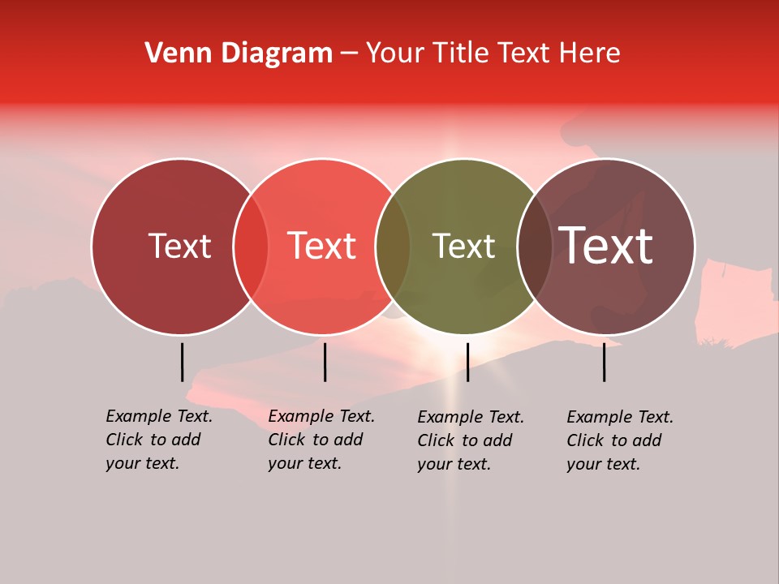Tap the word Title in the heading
pos(460,54)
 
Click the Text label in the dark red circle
pos(179,246)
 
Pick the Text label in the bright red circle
pos(322,246)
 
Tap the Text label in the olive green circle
pos(463,246)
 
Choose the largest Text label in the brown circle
pos(606,246)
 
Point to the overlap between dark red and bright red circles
pos(251,246)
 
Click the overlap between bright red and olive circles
pos(393,246)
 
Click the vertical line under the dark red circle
pos(182,362)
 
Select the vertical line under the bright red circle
pos(325,362)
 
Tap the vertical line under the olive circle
pos(467,362)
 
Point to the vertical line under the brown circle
pos(605,362)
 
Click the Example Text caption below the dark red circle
pos(159,440)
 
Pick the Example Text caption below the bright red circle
pos(321,440)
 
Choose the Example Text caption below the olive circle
pos(471,440)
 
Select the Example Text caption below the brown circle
pos(620,440)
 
